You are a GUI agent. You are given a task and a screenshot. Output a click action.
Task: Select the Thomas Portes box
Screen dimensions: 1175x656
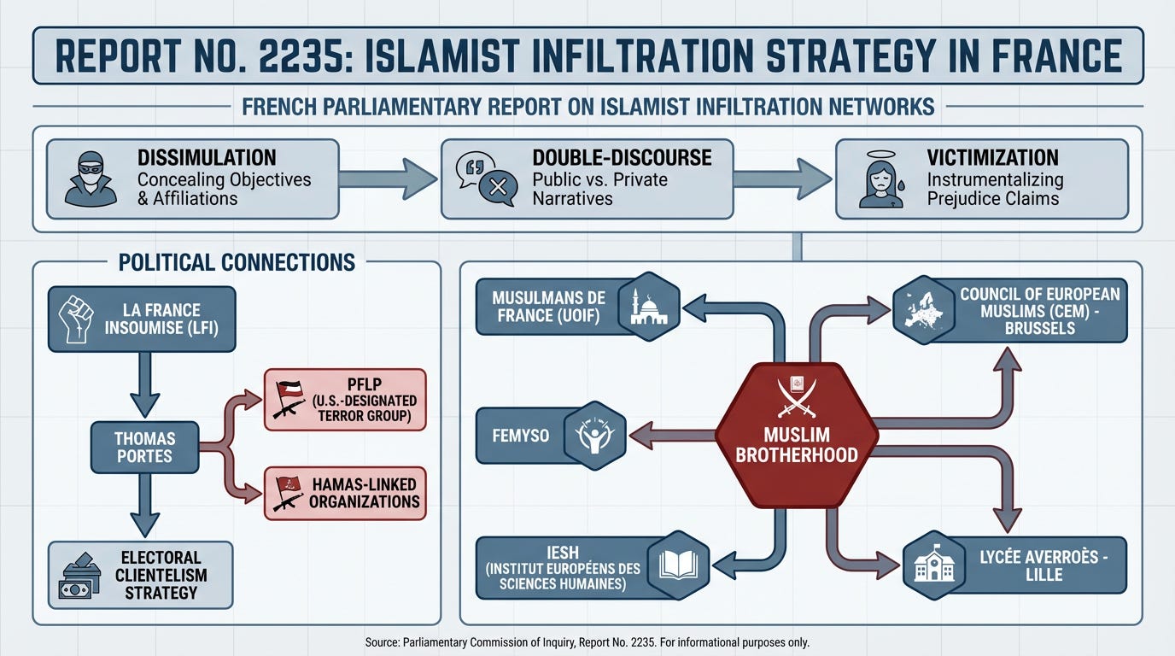[144, 448]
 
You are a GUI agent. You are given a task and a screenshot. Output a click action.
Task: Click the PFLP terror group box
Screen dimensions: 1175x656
[345, 399]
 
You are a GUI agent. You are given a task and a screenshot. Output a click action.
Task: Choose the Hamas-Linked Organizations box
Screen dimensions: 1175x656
[345, 493]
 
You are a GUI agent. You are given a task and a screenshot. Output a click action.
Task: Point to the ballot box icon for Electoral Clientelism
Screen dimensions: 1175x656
[79, 575]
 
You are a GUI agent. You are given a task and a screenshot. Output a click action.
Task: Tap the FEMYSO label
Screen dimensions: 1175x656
[521, 436]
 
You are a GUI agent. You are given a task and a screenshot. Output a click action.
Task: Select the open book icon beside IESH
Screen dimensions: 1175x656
[679, 565]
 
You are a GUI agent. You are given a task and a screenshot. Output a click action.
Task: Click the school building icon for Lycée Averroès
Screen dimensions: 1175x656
[934, 565]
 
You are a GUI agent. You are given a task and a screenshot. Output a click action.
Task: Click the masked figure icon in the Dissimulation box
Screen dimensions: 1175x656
[90, 179]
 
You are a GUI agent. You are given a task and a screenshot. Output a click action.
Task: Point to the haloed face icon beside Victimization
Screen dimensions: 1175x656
[880, 179]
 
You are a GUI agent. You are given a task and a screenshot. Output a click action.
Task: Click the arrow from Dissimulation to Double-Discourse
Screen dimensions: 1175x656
[388, 179]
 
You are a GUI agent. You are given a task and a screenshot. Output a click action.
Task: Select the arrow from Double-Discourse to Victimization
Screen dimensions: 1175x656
[781, 179]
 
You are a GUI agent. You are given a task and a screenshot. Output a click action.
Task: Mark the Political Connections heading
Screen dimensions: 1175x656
[237, 262]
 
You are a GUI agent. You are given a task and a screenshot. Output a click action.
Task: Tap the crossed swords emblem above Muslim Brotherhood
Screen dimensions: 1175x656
[796, 395]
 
